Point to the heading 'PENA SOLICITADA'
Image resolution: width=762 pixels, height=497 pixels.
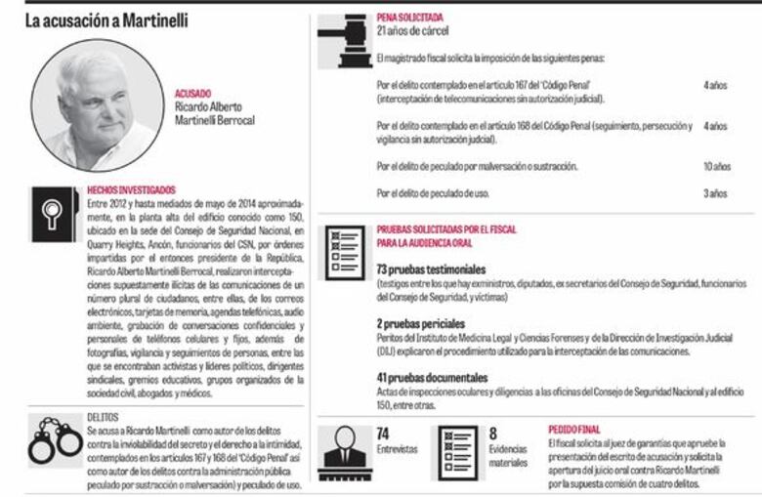pos(409,18)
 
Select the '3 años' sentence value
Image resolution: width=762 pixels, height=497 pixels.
pos(715,193)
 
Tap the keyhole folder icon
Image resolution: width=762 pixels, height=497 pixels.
pos(51,215)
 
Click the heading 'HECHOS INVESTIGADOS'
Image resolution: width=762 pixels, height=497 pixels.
pos(132,189)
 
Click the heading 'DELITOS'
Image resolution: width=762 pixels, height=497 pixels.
pos(102,416)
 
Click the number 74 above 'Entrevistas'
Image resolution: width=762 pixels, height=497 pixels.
pos(383,433)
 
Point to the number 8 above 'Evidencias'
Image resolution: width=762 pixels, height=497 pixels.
pos(493,433)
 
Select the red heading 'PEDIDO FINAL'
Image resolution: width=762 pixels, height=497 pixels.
pos(574,428)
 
